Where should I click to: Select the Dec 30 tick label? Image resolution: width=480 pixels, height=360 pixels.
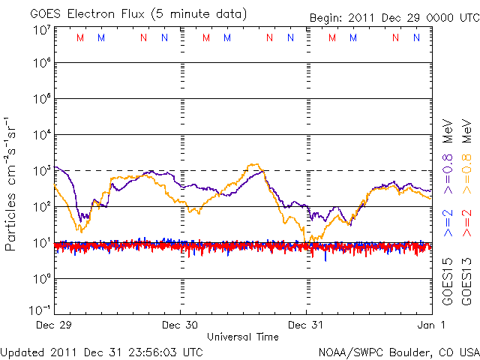coord(180,325)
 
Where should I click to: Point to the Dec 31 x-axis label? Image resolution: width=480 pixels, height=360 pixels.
coord(306,325)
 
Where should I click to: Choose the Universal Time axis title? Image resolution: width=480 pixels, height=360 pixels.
coord(243,337)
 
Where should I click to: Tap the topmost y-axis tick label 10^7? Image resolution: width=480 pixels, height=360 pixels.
coord(41,30)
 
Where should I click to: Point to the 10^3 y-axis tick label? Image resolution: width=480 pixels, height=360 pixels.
coord(41,170)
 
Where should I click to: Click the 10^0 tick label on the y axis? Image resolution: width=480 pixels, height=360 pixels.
coord(41,278)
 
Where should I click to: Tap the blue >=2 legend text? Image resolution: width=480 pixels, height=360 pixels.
coord(448,223)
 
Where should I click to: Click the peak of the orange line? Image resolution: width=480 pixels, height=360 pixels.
coord(256,164)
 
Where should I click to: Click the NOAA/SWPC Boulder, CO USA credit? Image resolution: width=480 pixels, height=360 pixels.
coord(398,352)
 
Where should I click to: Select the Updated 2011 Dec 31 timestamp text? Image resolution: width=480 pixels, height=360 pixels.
coord(102,352)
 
